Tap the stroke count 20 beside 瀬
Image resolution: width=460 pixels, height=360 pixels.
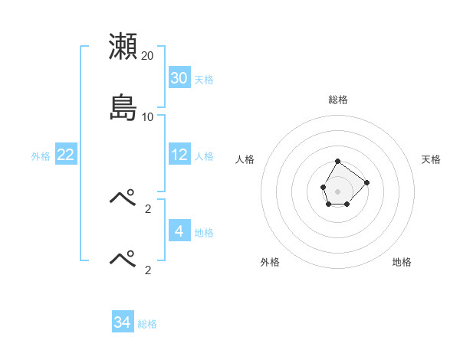click(x=147, y=56)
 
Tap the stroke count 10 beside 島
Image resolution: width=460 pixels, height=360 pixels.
click(x=147, y=117)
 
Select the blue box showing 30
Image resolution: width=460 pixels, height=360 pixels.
click(x=179, y=78)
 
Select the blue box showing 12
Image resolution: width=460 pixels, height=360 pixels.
click(x=179, y=155)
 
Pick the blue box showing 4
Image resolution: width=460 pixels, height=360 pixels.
click(x=179, y=231)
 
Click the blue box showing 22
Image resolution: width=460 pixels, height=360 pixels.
click(x=66, y=155)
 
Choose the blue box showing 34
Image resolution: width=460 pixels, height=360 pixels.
click(x=122, y=322)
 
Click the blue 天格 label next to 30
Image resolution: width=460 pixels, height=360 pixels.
click(x=204, y=80)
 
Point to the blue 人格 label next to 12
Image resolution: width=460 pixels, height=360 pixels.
click(x=204, y=156)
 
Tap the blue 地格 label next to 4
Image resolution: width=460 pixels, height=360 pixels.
click(x=204, y=232)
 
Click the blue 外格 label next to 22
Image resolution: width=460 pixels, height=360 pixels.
click(x=41, y=156)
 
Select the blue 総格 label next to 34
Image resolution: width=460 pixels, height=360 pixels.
click(x=147, y=324)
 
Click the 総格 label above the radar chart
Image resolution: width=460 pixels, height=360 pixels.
click(x=338, y=100)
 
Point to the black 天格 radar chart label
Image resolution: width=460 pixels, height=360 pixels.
click(x=432, y=159)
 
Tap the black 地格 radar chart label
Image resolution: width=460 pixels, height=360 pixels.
click(x=402, y=262)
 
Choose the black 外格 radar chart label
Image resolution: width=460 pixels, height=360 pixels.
click(x=270, y=262)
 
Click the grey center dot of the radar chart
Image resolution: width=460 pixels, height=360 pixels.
click(x=337, y=191)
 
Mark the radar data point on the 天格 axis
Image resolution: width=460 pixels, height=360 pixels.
click(x=367, y=182)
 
